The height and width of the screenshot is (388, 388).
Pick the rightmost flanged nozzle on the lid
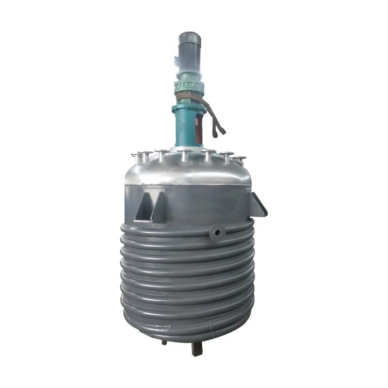click(x=240, y=159)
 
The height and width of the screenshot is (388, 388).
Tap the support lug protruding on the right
click(x=258, y=204)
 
